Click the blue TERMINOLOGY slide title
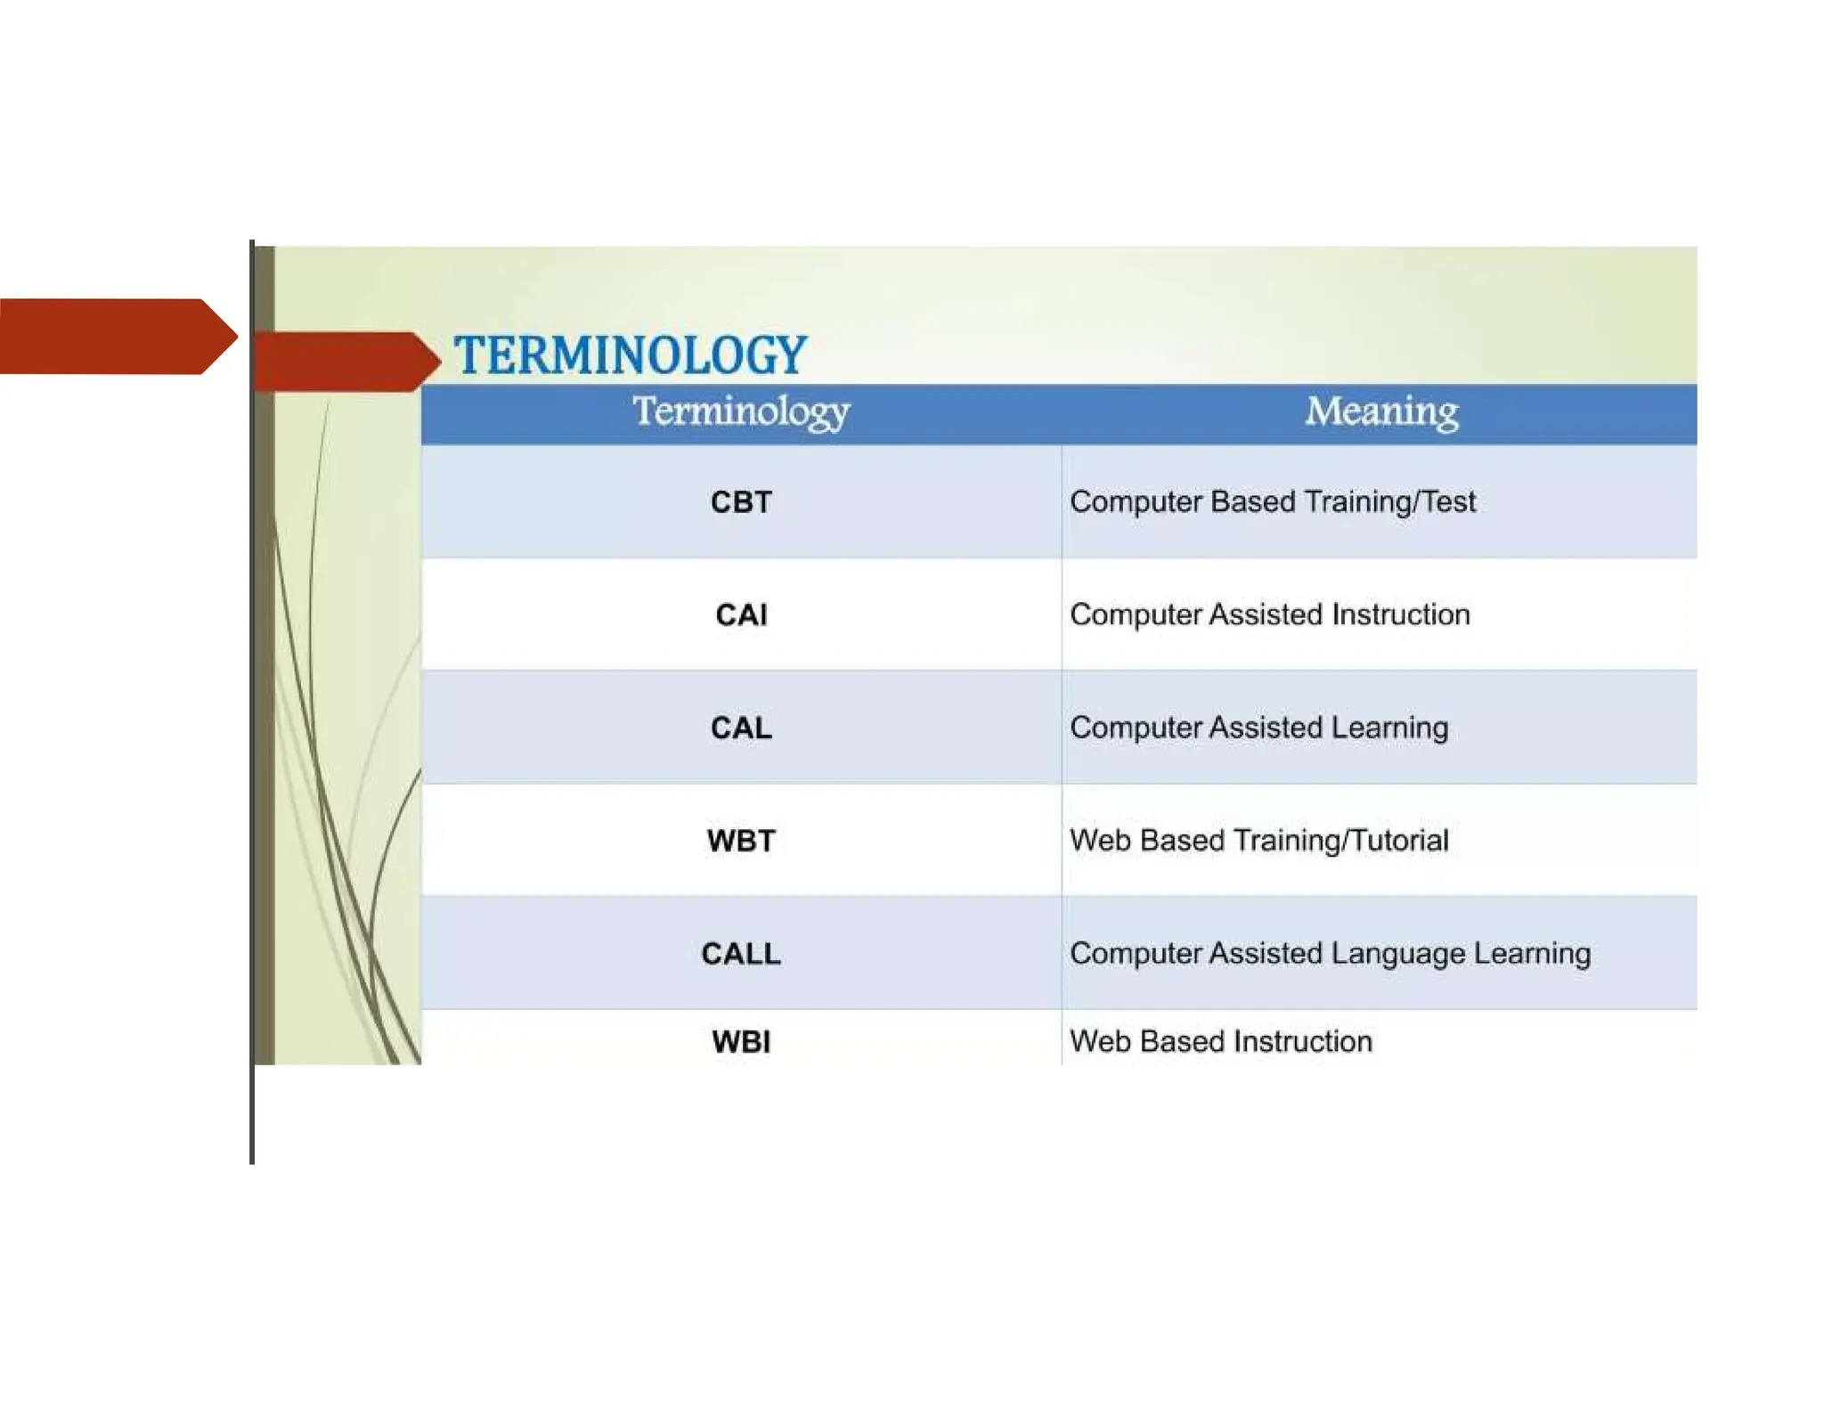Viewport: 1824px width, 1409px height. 630,354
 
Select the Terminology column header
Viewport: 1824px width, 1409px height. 741,411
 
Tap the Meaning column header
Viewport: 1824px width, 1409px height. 1381,411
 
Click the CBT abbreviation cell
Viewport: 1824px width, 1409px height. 741,502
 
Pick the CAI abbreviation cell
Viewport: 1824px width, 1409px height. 741,615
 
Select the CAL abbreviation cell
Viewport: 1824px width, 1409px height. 741,728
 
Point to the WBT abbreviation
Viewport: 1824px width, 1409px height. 741,841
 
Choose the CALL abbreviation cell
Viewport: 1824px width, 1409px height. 741,954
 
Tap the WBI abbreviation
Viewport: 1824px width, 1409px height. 741,1041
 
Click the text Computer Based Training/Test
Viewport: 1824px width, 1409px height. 1272,502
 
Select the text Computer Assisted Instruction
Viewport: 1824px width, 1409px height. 1269,615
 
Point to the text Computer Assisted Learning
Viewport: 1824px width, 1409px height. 1258,728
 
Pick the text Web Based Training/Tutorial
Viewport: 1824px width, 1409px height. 1258,841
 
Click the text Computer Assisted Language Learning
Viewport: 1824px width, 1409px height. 1330,954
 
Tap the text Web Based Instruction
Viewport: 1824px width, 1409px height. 1220,1041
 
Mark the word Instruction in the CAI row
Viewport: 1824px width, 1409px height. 1400,615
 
